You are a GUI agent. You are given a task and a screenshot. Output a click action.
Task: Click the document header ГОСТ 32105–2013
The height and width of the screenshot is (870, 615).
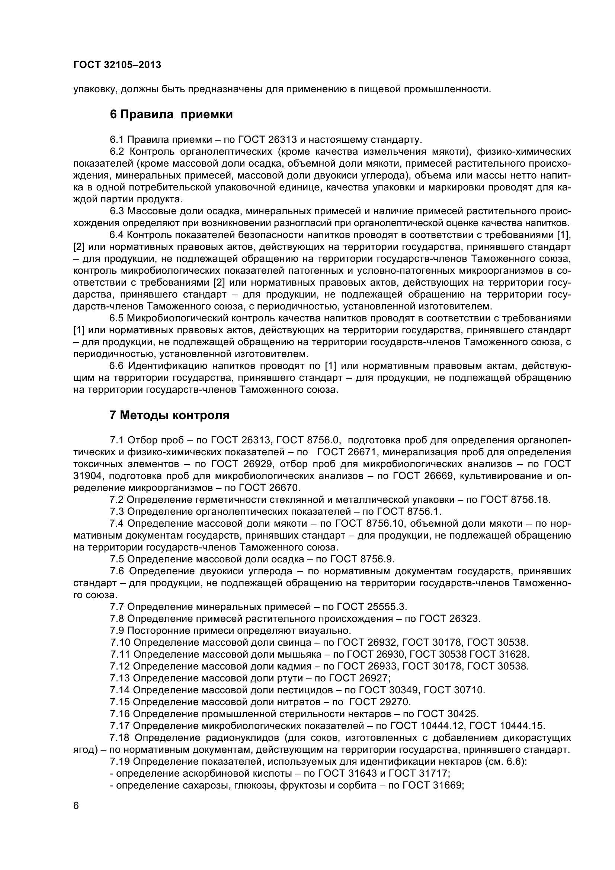point(117,65)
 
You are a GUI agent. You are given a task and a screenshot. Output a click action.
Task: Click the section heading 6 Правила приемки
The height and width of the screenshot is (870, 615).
point(171,115)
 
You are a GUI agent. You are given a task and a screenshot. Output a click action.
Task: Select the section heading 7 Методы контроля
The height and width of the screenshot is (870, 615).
point(169,415)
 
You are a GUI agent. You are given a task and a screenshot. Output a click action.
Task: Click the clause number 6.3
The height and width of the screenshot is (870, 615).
point(117,211)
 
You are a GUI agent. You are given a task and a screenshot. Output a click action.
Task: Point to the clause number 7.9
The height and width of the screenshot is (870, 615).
point(117,630)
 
